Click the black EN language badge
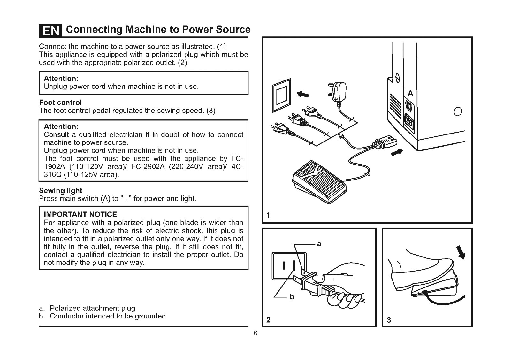[51, 31]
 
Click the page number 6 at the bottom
[255, 333]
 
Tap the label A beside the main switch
[410, 94]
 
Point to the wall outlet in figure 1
[282, 95]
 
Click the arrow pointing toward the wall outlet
[303, 95]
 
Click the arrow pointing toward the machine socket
[397, 153]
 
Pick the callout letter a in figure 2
[319, 244]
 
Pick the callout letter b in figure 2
[291, 297]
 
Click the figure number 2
[269, 320]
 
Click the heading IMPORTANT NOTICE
[80, 214]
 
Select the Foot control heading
[60, 103]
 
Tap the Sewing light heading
[60, 191]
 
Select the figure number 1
[268, 215]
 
